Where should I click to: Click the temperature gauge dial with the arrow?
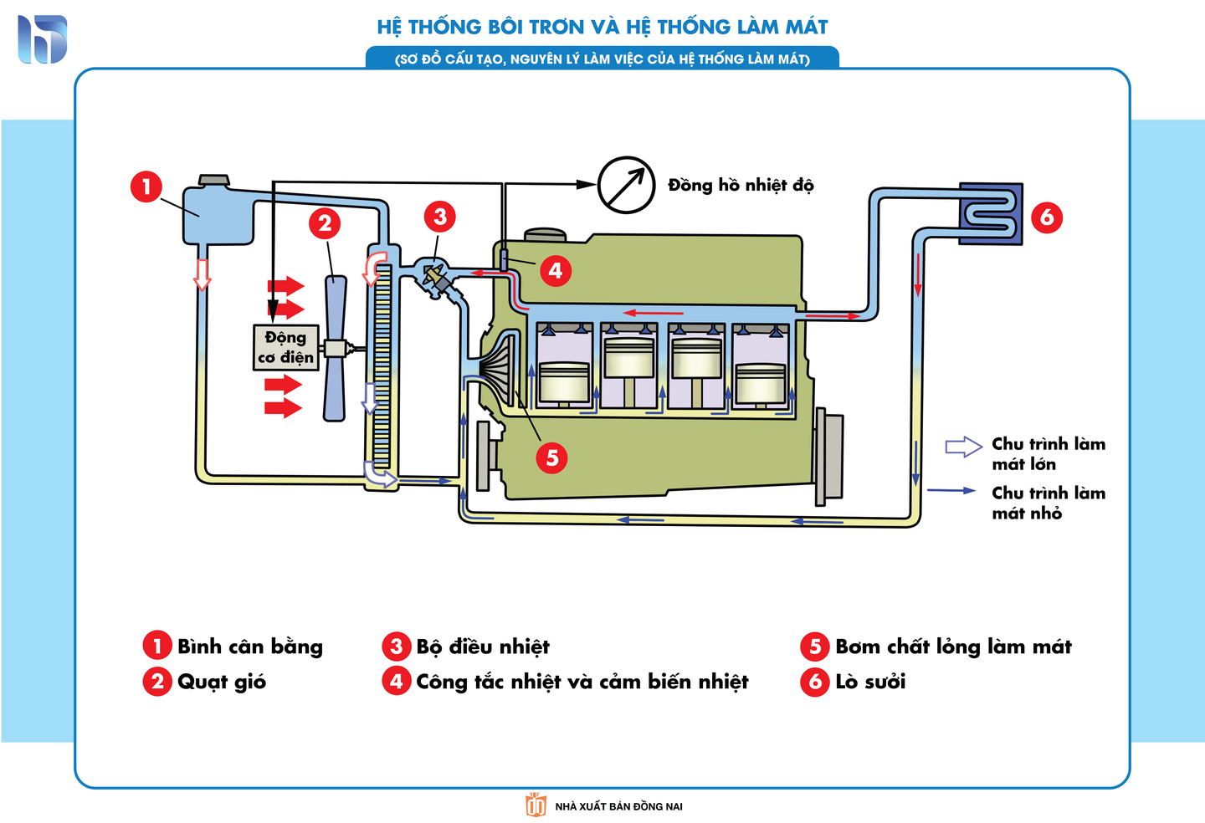click(626, 185)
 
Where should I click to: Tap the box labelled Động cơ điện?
click(285, 347)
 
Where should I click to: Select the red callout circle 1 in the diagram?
click(146, 186)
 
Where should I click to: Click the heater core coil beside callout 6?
click(991, 213)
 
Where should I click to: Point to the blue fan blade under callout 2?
click(335, 348)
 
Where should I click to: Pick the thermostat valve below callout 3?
click(436, 279)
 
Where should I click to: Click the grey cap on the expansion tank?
click(213, 180)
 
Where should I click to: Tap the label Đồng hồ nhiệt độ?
click(740, 185)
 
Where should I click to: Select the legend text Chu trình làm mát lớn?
click(1048, 453)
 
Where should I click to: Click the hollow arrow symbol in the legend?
click(963, 447)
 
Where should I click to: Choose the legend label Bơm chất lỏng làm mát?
click(952, 647)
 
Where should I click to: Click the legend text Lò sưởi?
click(870, 682)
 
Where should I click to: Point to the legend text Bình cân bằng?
click(249, 647)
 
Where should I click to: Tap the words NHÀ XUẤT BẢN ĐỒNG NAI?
click(618, 806)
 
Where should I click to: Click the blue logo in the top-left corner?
click(42, 39)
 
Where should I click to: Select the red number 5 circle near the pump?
click(551, 458)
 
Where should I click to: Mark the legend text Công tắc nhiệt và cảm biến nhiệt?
click(582, 682)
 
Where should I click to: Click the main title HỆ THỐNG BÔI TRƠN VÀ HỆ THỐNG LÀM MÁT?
click(602, 27)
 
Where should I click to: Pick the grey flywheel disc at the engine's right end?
click(829, 456)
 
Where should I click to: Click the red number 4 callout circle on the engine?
click(556, 270)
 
